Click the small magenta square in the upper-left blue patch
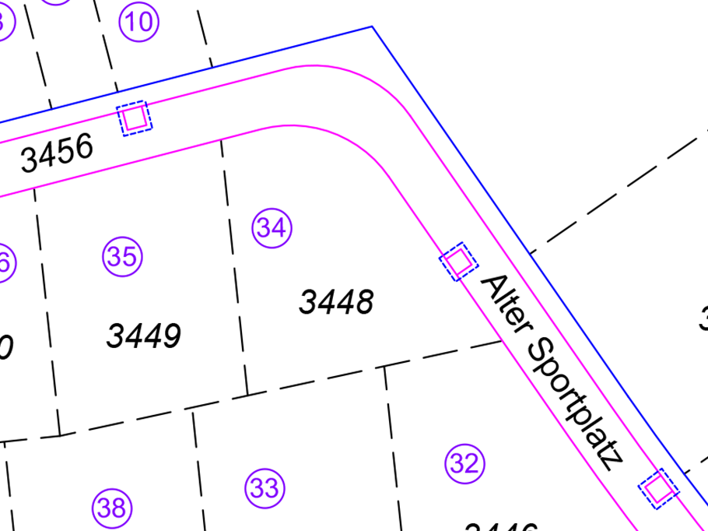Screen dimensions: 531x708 pyautogui.click(x=135, y=117)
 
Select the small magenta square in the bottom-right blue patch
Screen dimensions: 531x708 pyautogui.click(x=657, y=488)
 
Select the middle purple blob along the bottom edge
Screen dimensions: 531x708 pyautogui.click(x=280, y=475)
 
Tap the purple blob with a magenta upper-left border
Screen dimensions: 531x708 pyautogui.click(x=128, y=249)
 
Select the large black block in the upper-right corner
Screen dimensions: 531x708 pyautogui.click(x=630, y=117)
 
